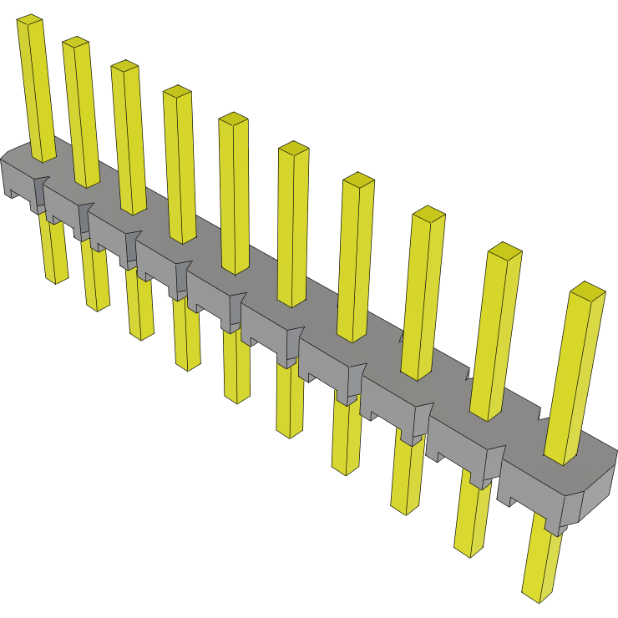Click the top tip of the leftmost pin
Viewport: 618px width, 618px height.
tap(30, 19)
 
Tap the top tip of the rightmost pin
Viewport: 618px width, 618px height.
tap(588, 290)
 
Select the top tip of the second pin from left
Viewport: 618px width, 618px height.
tap(75, 42)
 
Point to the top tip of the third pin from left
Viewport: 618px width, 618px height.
tap(124, 65)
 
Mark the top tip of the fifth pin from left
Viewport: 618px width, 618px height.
tap(234, 118)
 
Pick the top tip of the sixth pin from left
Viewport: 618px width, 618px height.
tap(294, 147)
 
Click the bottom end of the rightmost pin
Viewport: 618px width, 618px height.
tap(538, 594)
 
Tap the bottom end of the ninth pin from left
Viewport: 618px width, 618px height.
tap(469, 550)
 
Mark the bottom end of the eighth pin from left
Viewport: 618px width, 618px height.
tap(404, 509)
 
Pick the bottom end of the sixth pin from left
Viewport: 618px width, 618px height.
tap(289, 432)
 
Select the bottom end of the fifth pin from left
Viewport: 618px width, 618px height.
tap(237, 398)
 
